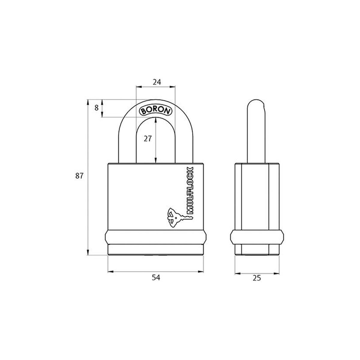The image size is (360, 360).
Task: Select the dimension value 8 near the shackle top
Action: pyautogui.click(x=97, y=108)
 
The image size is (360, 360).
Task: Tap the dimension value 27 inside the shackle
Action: pyautogui.click(x=147, y=139)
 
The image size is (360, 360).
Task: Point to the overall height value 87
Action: pyautogui.click(x=79, y=176)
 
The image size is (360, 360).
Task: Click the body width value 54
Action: pyautogui.click(x=156, y=278)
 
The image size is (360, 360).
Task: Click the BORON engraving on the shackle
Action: pyautogui.click(x=156, y=110)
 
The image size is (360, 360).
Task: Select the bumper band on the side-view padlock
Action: pyautogui.click(x=257, y=237)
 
